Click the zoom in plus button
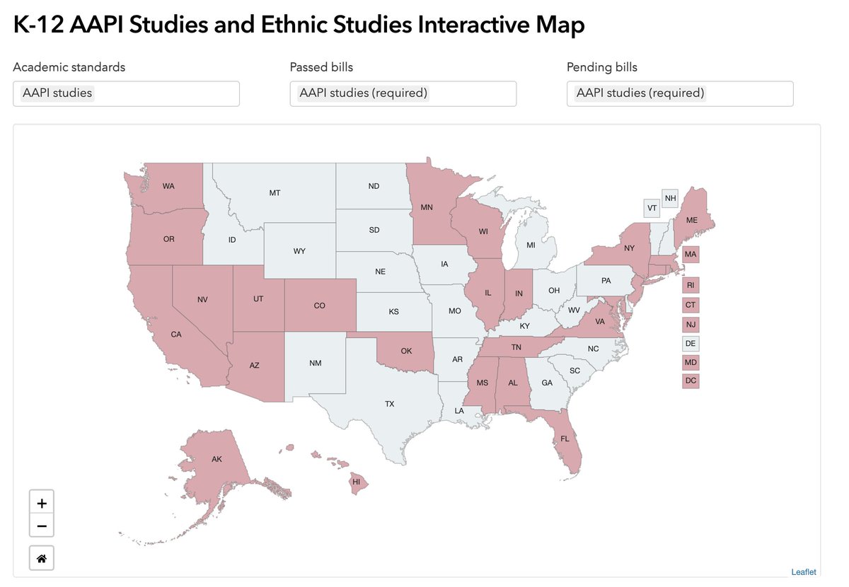point(42,504)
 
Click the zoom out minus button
point(42,525)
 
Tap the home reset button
point(42,558)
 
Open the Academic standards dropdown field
point(126,93)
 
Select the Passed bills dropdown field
point(403,93)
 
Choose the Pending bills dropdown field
point(679,93)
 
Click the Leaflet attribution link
point(803,571)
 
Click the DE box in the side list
point(691,344)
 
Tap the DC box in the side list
point(691,380)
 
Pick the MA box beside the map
point(691,254)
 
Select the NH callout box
point(669,198)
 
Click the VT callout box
point(652,208)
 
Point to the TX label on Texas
point(389,404)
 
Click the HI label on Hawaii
point(356,482)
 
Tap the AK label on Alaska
point(216,459)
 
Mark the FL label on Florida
point(565,438)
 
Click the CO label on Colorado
point(319,306)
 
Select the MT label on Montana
point(275,192)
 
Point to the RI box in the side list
point(691,286)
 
